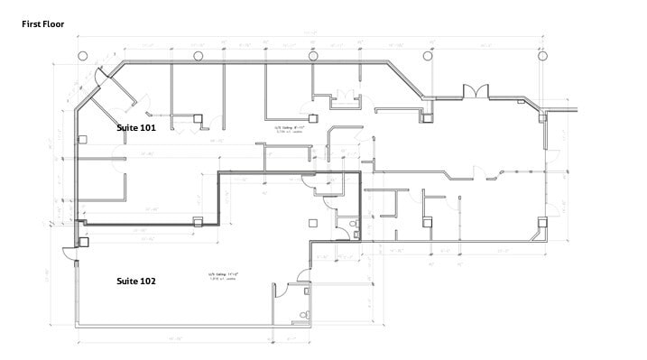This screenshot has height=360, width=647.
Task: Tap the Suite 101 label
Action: pyautogui.click(x=136, y=128)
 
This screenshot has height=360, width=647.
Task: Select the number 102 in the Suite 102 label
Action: pyautogui.click(x=148, y=282)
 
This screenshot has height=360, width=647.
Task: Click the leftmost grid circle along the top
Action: pyautogui.click(x=83, y=56)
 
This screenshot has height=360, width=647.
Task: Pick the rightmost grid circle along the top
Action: pyautogui.click(x=543, y=56)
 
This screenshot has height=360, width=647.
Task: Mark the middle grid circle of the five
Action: pyautogui.click(x=313, y=56)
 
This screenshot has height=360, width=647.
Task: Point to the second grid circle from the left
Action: pyautogui.click(x=198, y=56)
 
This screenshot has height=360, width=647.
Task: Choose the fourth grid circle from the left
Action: pyautogui.click(x=428, y=56)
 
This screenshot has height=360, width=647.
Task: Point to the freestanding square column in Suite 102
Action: pyautogui.click(x=312, y=223)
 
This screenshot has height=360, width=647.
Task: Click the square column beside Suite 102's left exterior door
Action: pyautogui.click(x=84, y=241)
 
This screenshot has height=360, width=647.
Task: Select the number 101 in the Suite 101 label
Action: pyautogui.click(x=148, y=128)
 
